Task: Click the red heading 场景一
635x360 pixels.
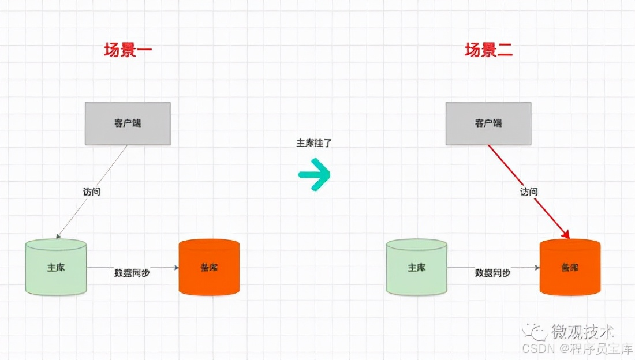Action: coord(128,50)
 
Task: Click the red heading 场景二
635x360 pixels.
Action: coord(488,50)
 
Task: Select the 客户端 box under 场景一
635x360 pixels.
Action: coord(128,123)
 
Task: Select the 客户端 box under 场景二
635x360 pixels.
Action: coord(488,123)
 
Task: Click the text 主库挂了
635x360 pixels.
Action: coord(314,143)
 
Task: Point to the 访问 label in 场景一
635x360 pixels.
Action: coord(91,192)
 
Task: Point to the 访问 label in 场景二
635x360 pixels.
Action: coord(529,192)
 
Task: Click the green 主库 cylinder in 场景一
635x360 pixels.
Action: coord(56,268)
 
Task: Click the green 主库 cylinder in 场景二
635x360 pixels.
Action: coord(416,268)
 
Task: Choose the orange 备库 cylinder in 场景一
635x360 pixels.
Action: coord(209,268)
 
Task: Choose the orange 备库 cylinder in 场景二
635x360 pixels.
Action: coord(570,268)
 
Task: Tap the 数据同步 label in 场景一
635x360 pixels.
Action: coord(132,273)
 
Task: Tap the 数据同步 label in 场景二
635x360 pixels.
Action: coord(492,273)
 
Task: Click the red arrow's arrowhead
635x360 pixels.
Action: coord(566,234)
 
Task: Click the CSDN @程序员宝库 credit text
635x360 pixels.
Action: coord(577,349)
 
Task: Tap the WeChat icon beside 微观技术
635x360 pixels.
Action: coord(535,331)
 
